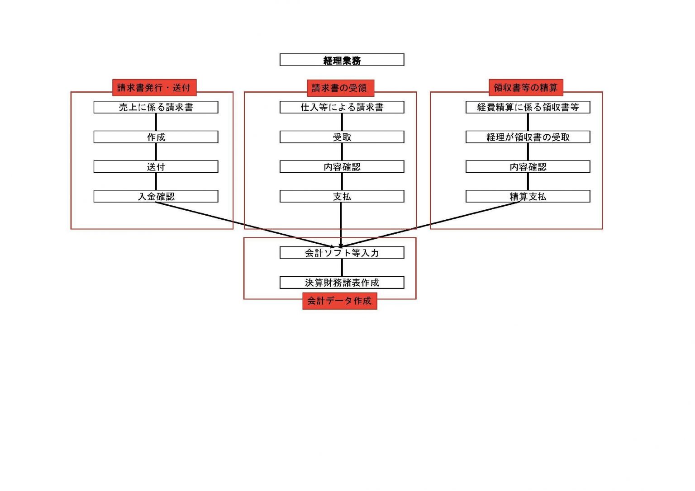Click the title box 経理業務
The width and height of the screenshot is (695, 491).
coord(342,60)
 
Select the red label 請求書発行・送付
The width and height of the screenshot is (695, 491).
coord(154,88)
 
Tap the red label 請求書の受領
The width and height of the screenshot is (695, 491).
coord(340,88)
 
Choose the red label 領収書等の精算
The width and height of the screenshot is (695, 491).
coord(526,88)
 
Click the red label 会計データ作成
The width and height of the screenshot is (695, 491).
coord(339,301)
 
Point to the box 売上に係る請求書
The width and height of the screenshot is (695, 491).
coord(156,107)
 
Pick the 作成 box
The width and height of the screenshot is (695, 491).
coord(156,137)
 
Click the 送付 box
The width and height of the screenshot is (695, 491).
coord(156,167)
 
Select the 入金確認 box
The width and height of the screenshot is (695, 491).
coord(156,196)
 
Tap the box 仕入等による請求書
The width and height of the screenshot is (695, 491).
coord(342,107)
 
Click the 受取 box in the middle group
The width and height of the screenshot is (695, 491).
coord(342,137)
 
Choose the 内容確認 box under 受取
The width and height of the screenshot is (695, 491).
coord(342,167)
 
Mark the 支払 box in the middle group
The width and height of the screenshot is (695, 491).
coord(342,196)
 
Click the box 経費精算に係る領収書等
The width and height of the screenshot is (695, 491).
coord(528,107)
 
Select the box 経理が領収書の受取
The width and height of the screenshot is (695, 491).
coord(528,137)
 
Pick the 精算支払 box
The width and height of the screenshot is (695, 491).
coord(528,196)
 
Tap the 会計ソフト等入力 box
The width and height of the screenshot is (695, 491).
coord(342,253)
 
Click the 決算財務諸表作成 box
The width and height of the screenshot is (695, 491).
coord(342,283)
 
